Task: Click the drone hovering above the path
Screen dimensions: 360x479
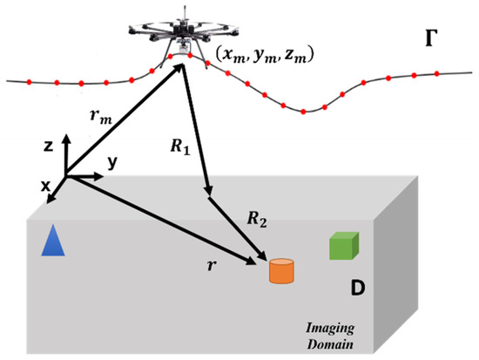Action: pyautogui.click(x=183, y=31)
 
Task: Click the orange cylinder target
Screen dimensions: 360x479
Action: pyautogui.click(x=280, y=271)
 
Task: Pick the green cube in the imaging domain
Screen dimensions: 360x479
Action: pyautogui.click(x=342, y=247)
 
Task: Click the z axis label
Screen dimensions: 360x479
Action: pyautogui.click(x=51, y=147)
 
